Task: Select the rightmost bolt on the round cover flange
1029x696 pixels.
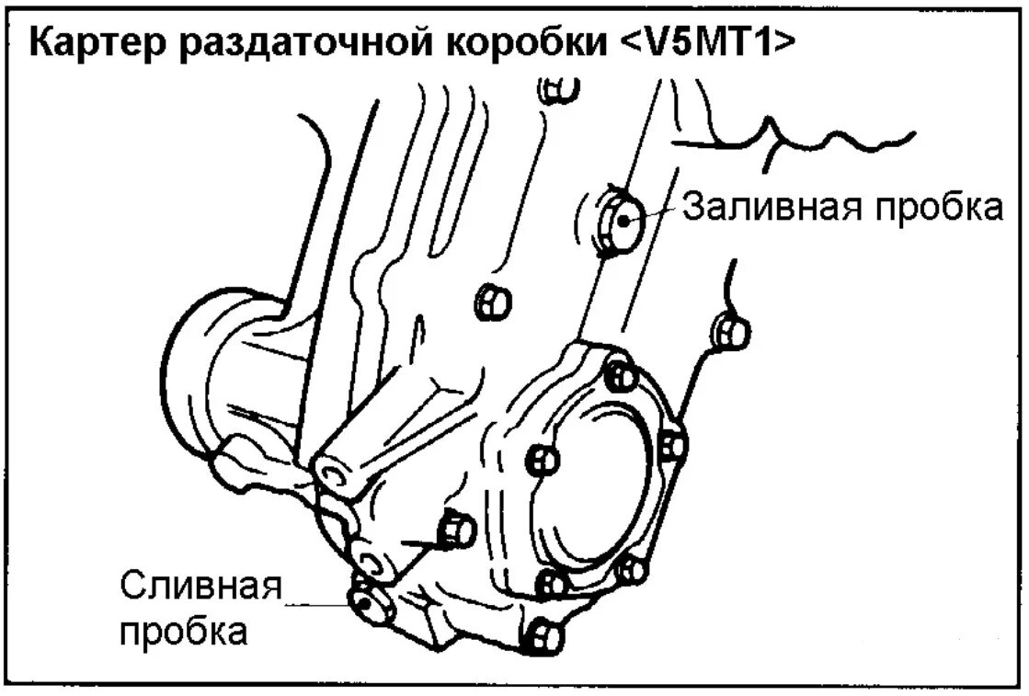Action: point(674,445)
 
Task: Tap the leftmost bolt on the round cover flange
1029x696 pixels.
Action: point(543,459)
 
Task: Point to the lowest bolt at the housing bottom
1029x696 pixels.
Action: point(543,634)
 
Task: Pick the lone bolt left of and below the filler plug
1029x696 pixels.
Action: point(490,301)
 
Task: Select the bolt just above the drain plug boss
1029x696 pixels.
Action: point(455,530)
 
